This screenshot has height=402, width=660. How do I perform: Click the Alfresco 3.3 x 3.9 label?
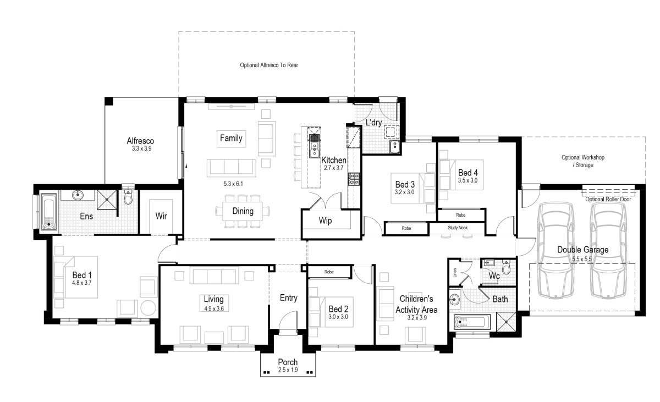(x=141, y=144)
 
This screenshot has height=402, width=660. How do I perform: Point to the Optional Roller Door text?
(x=608, y=199)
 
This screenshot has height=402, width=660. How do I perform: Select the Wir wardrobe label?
(x=161, y=216)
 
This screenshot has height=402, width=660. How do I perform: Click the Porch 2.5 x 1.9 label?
(x=288, y=365)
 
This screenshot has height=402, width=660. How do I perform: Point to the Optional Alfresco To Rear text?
(x=268, y=65)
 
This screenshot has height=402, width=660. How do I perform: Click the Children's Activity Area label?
(x=418, y=305)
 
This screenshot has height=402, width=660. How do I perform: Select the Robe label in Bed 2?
(x=329, y=272)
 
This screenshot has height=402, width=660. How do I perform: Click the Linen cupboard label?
(x=454, y=273)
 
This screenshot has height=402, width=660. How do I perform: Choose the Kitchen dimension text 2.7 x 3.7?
(x=333, y=168)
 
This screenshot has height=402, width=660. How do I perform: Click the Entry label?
(x=288, y=298)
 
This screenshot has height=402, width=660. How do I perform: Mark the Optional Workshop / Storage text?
(x=583, y=161)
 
